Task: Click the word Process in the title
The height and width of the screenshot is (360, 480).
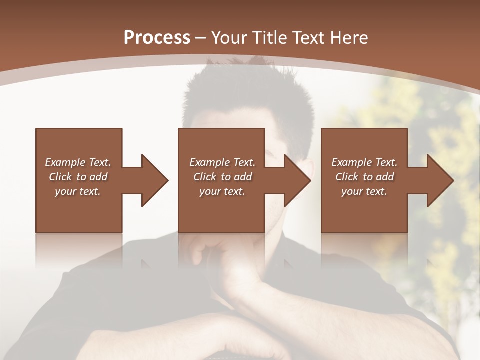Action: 157,38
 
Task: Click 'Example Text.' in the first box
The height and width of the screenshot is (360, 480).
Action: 78,162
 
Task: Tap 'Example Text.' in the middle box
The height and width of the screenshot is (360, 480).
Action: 222,162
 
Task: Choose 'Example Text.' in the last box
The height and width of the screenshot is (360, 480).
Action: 364,162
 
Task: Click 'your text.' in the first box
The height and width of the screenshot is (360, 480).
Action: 78,191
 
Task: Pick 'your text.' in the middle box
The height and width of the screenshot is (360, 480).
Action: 222,191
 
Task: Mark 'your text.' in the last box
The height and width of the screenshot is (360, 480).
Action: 364,191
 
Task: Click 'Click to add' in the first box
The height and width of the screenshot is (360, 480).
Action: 78,177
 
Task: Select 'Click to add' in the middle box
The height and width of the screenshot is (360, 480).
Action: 222,177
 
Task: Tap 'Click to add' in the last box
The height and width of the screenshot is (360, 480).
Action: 364,177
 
